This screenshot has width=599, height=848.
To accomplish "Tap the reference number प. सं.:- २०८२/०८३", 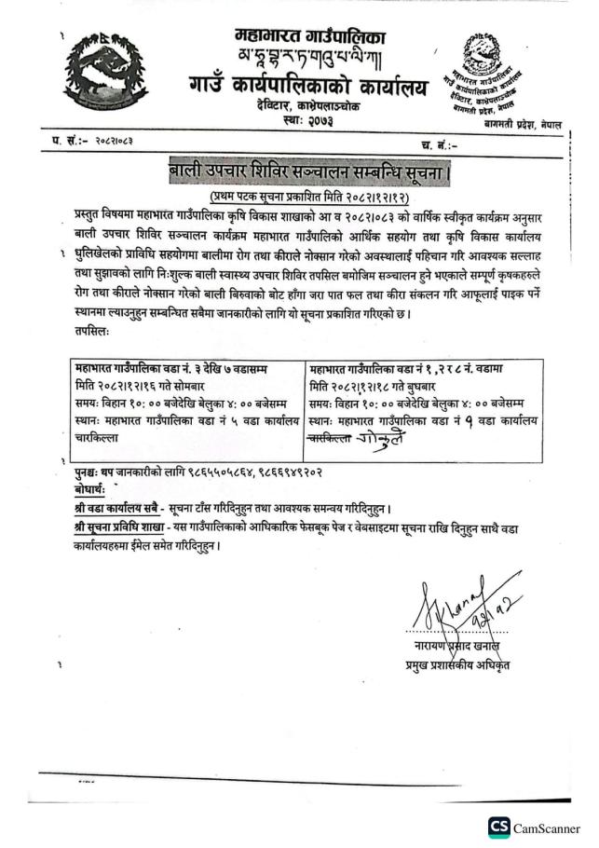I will tap(99, 143).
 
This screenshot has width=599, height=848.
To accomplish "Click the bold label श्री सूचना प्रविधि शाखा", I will tap(115, 527).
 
